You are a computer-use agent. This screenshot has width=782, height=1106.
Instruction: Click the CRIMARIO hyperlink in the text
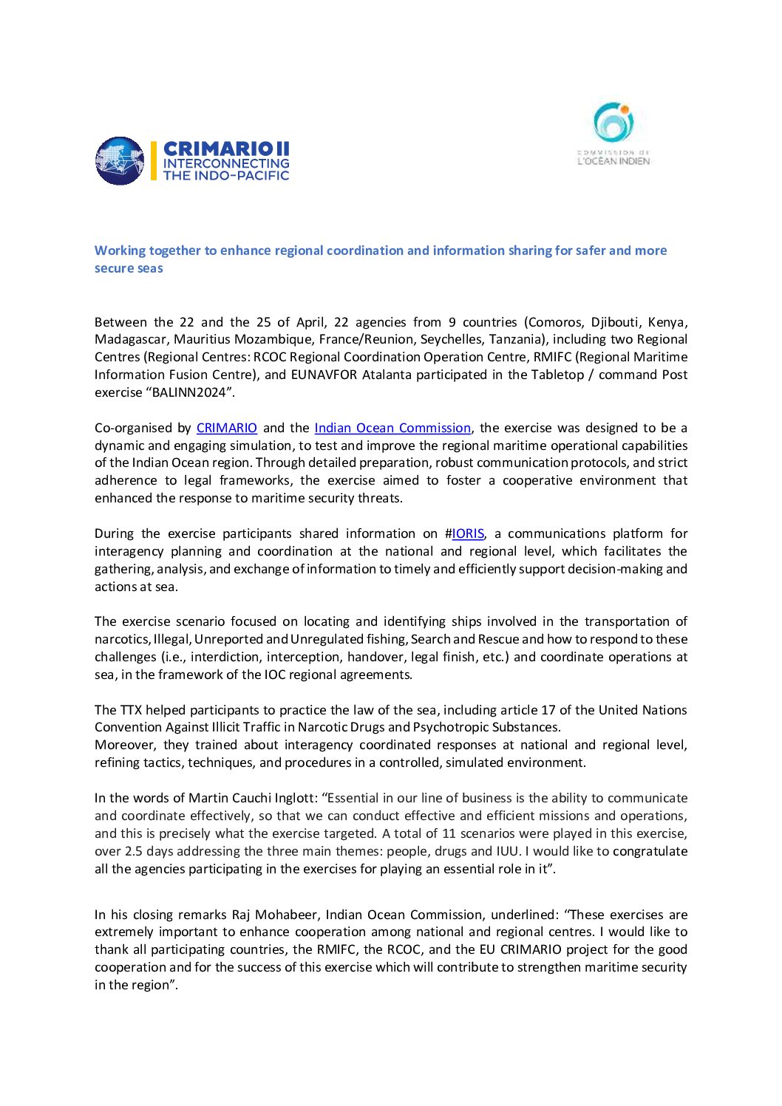[227, 428]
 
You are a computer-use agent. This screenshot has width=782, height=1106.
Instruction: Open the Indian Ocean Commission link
[392, 428]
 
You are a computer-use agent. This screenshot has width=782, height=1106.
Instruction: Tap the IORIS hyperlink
[468, 533]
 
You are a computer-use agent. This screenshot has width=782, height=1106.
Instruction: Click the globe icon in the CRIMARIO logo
[120, 160]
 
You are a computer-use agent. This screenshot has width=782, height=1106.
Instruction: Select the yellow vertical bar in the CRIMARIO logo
[154, 160]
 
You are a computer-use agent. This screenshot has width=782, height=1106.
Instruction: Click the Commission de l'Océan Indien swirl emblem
[614, 123]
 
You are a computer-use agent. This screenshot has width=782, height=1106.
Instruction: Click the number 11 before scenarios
[449, 833]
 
